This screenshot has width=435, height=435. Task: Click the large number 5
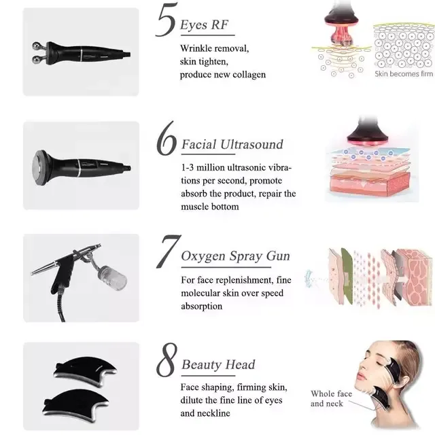coord(166,20)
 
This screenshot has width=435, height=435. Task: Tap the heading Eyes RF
coord(204,24)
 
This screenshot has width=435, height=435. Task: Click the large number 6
coord(166,139)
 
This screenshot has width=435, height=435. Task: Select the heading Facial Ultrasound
coord(232,145)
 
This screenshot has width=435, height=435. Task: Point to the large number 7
coord(168,251)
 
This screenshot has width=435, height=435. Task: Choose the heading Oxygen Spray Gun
coord(235,256)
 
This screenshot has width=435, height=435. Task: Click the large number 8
coord(167,360)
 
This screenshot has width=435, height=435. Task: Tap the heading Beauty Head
coord(218,364)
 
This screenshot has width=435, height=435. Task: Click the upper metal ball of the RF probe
coord(37,46)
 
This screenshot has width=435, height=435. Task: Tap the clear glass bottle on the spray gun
coord(114,278)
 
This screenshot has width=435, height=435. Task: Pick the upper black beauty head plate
coord(86,370)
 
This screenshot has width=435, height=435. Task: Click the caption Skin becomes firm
coord(404,74)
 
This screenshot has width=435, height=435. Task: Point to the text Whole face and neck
coord(331,398)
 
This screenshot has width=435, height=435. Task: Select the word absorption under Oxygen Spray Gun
coord(202,307)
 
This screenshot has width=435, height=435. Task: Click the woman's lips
coord(360,376)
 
